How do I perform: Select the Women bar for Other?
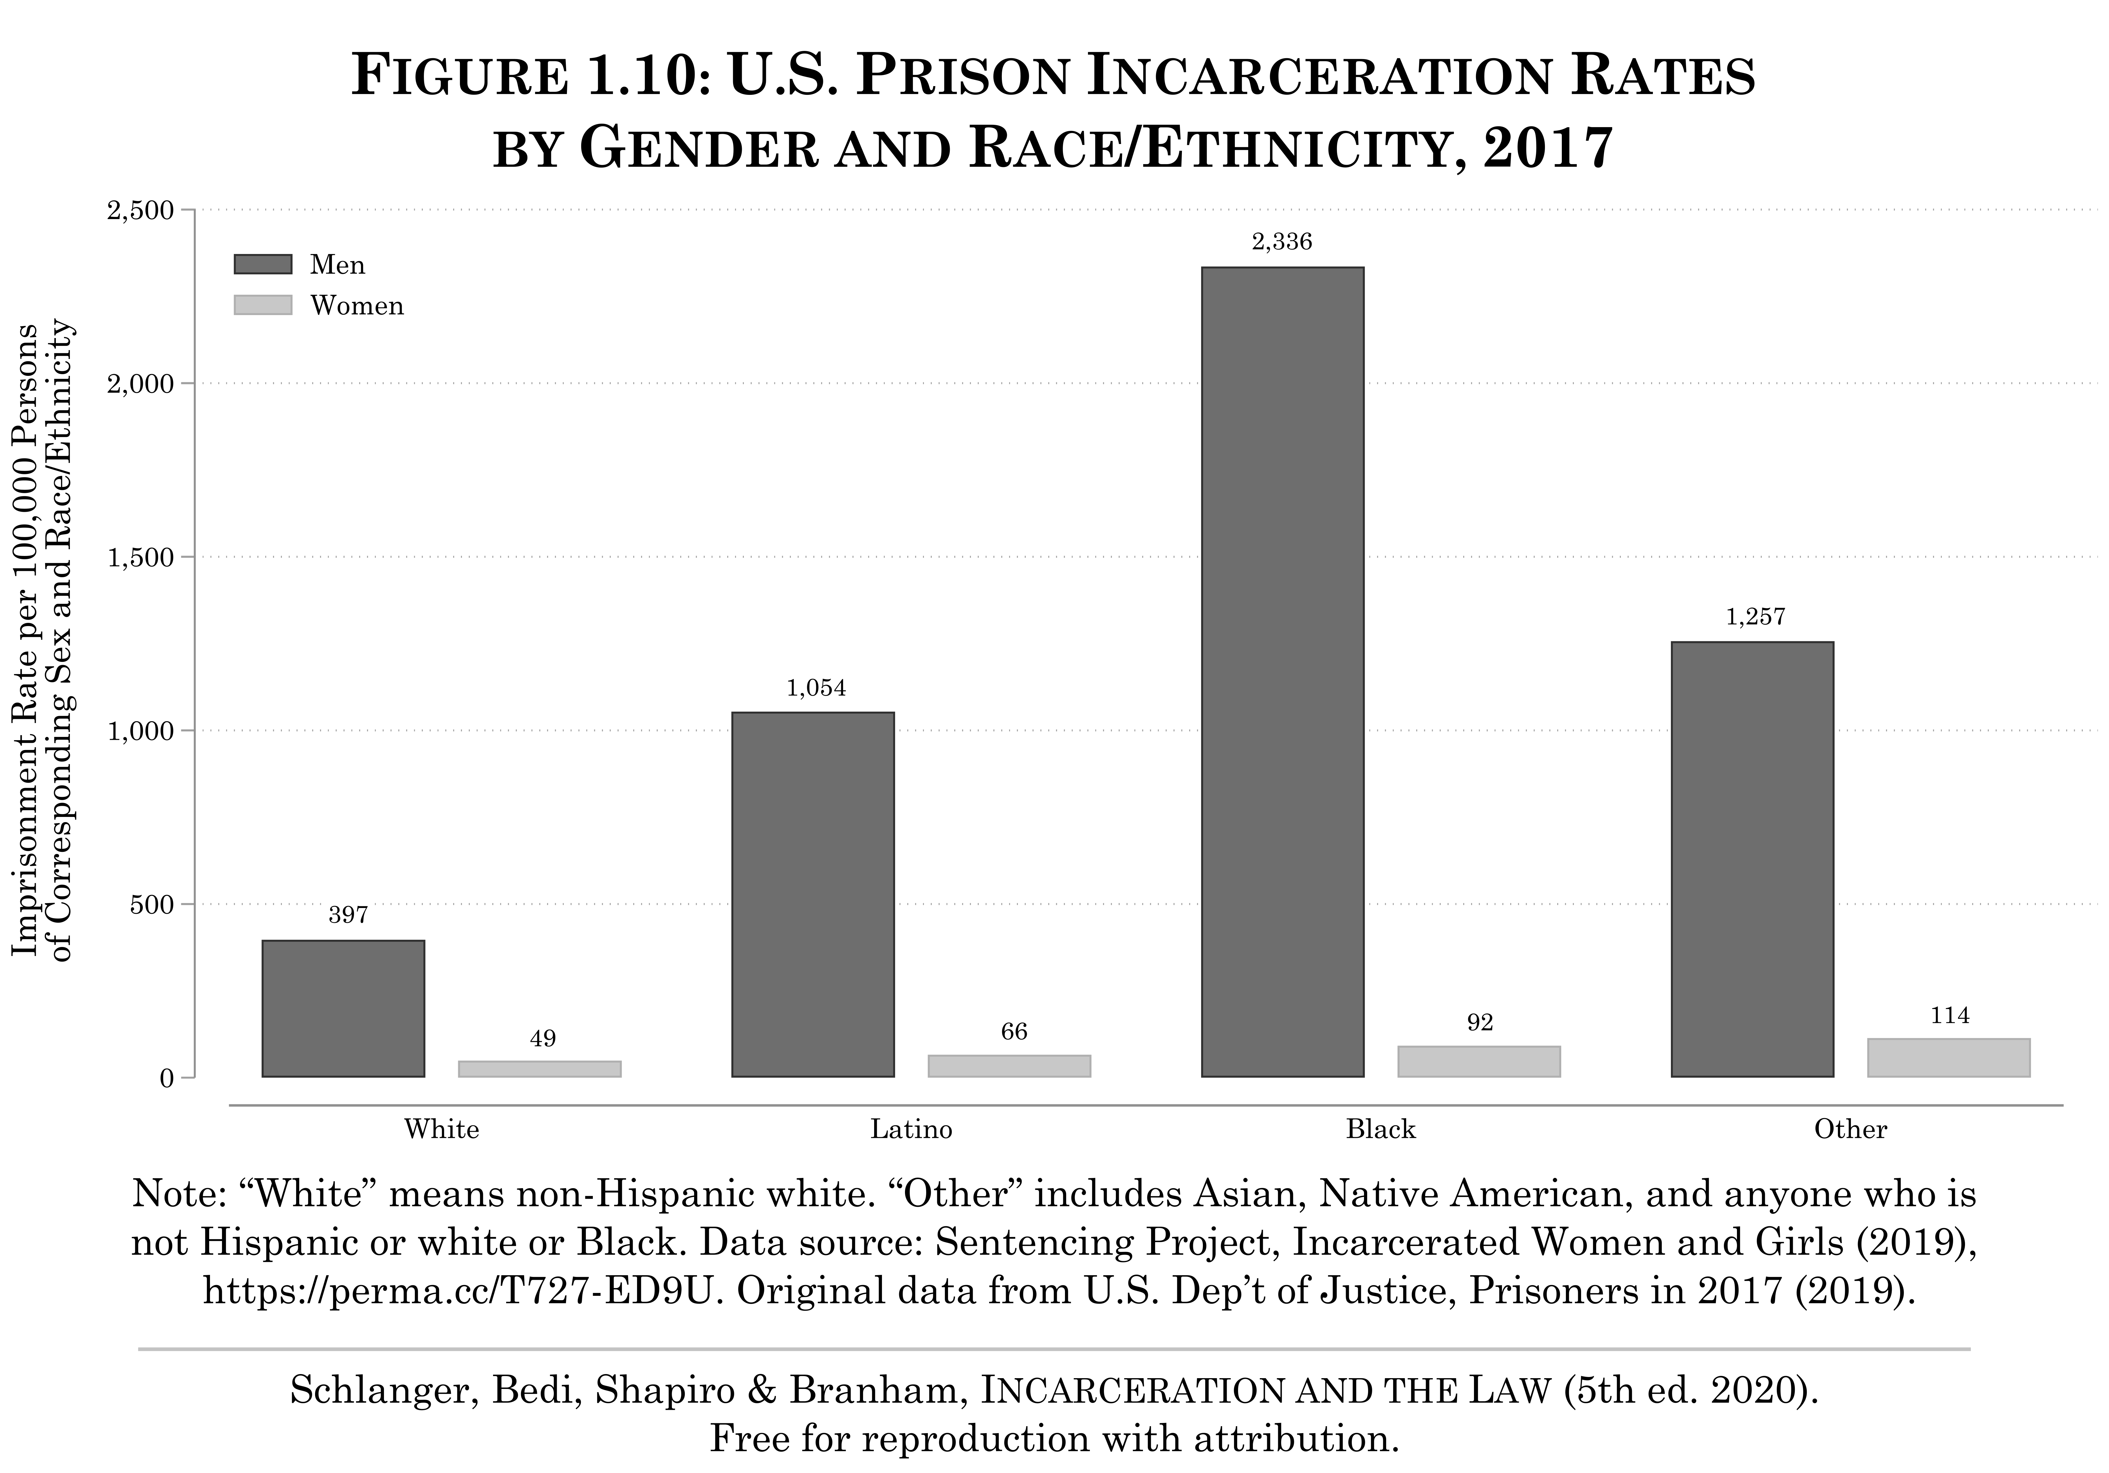tap(1948, 1058)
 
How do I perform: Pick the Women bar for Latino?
tap(1009, 1066)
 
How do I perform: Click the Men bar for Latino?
tap(813, 894)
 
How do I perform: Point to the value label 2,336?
tap(1281, 243)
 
